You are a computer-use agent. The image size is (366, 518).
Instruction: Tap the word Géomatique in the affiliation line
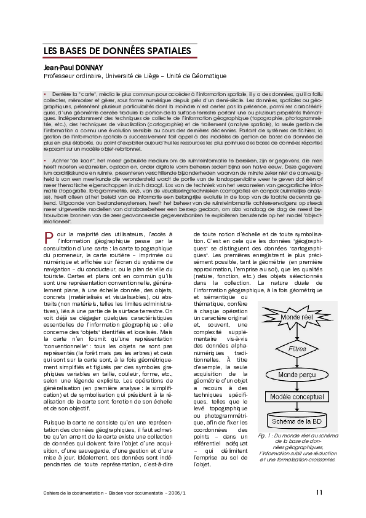pos(207,76)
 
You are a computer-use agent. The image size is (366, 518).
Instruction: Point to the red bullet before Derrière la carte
pos(46,92)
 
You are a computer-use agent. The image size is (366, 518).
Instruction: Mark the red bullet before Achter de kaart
pos(46,160)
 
